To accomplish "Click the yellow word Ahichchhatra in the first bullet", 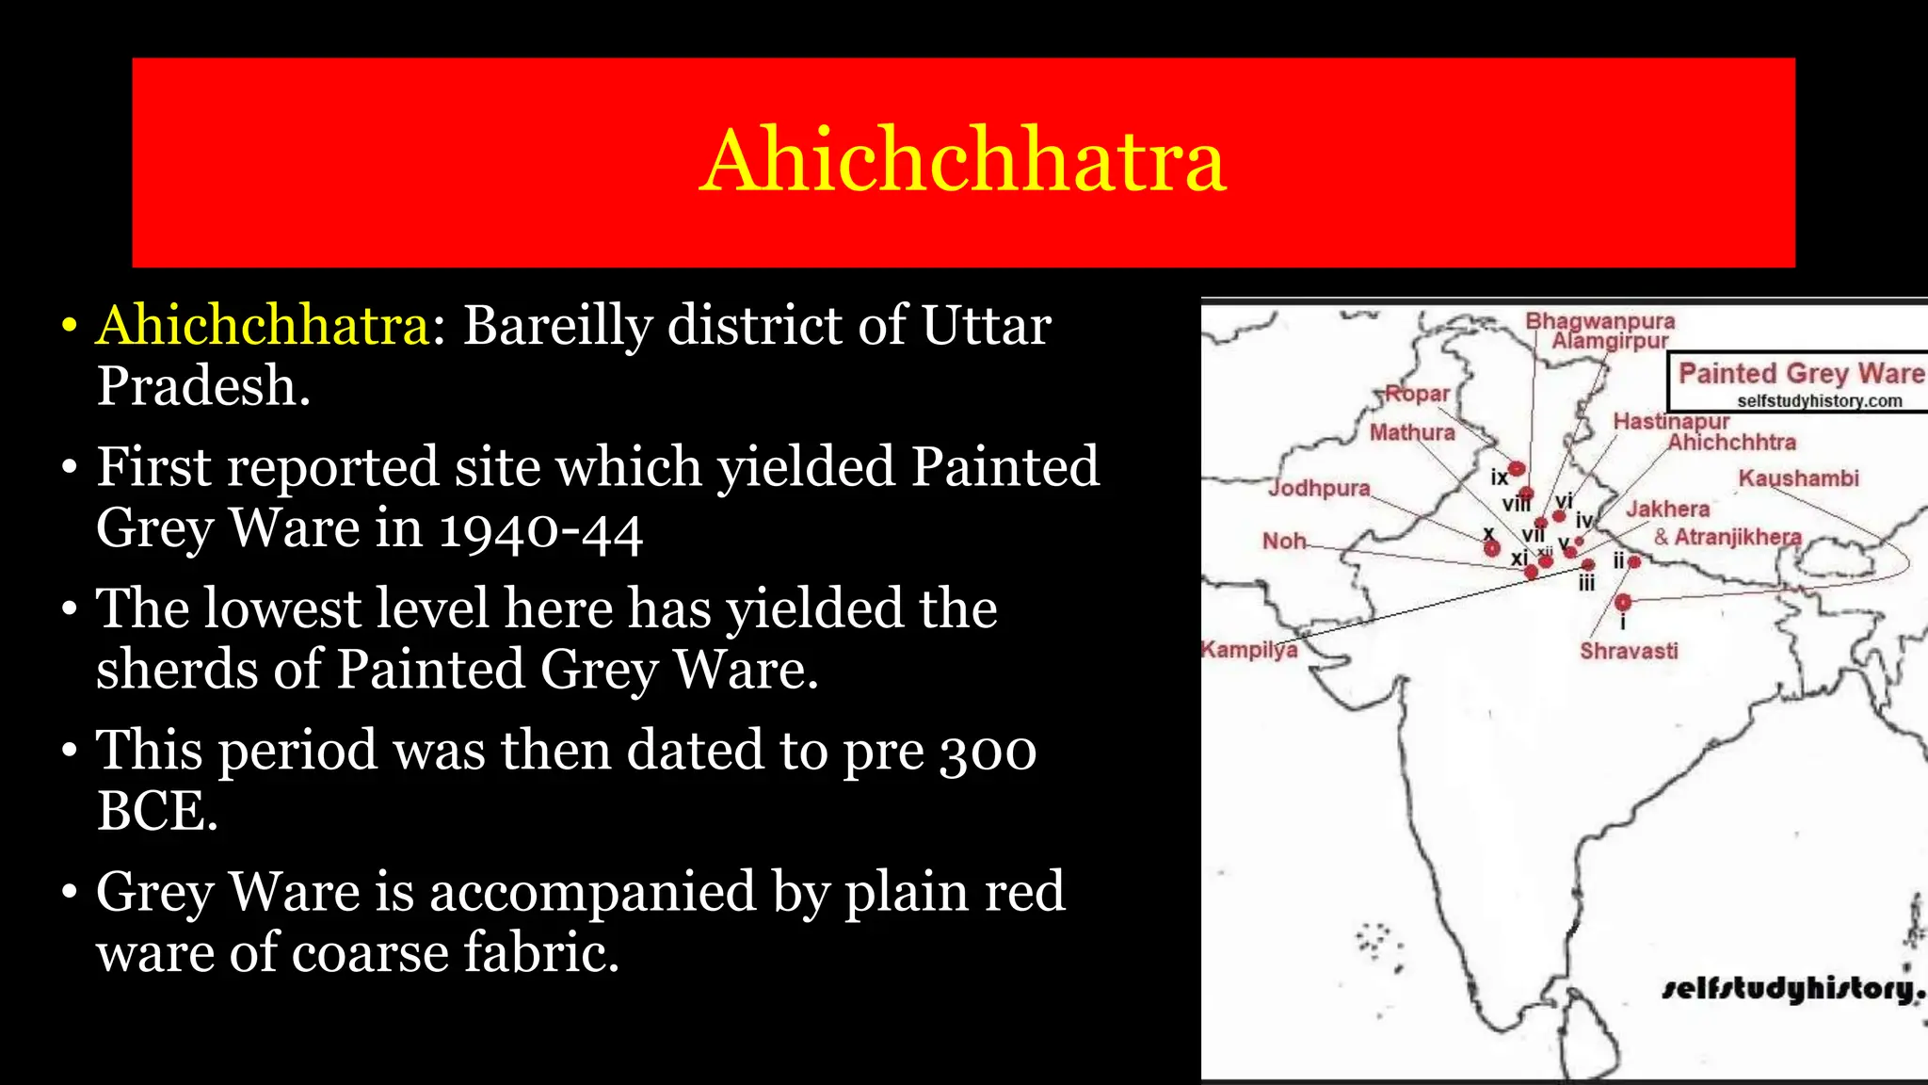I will [264, 326].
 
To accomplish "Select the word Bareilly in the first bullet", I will [557, 326].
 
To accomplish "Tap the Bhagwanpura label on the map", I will [1599, 321].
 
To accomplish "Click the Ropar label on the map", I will [1417, 394].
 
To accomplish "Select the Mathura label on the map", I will [1411, 432].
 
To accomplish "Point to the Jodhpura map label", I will [1318, 488].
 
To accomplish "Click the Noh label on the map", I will [1284, 541].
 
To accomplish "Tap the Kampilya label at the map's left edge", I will [1249, 650].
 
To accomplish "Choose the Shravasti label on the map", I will [1629, 651].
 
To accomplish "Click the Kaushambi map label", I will [1798, 478].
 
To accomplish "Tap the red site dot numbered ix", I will [1517, 468].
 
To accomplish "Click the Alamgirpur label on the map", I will [1610, 341].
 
